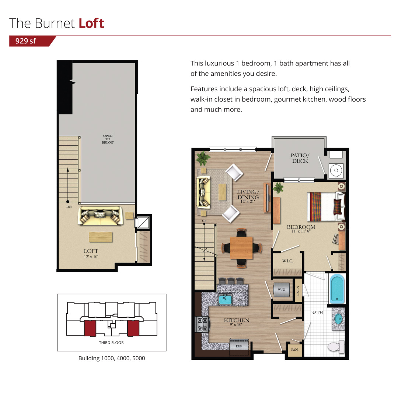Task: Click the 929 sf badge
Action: click(x=32, y=41)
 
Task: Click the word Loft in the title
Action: click(x=91, y=23)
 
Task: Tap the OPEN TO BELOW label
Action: click(x=108, y=139)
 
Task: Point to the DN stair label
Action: click(x=69, y=207)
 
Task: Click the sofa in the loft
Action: click(x=100, y=215)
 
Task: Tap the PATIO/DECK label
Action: click(x=300, y=158)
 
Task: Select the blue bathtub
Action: click(x=337, y=289)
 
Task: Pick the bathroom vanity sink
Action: click(x=338, y=319)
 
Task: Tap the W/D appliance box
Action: click(x=282, y=290)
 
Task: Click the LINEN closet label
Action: click(x=298, y=291)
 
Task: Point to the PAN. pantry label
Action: click(x=294, y=350)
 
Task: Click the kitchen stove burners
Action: click(x=203, y=324)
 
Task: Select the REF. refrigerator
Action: click(x=239, y=344)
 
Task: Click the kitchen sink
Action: click(x=225, y=300)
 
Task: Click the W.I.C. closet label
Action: click(x=287, y=261)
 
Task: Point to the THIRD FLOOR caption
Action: click(x=111, y=343)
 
